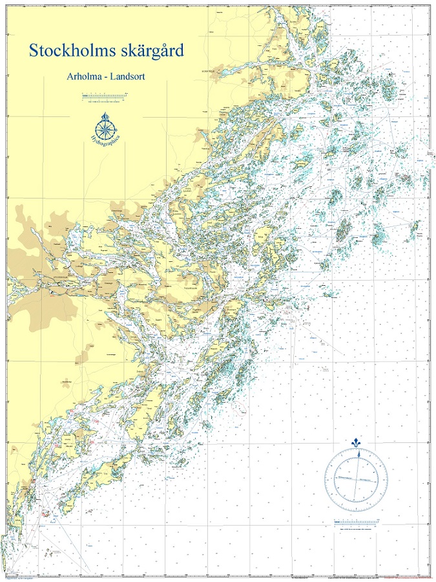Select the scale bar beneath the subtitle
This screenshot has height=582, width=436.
pyautogui.click(x=103, y=97)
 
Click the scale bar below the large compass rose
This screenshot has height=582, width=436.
pyautogui.click(x=355, y=522)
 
